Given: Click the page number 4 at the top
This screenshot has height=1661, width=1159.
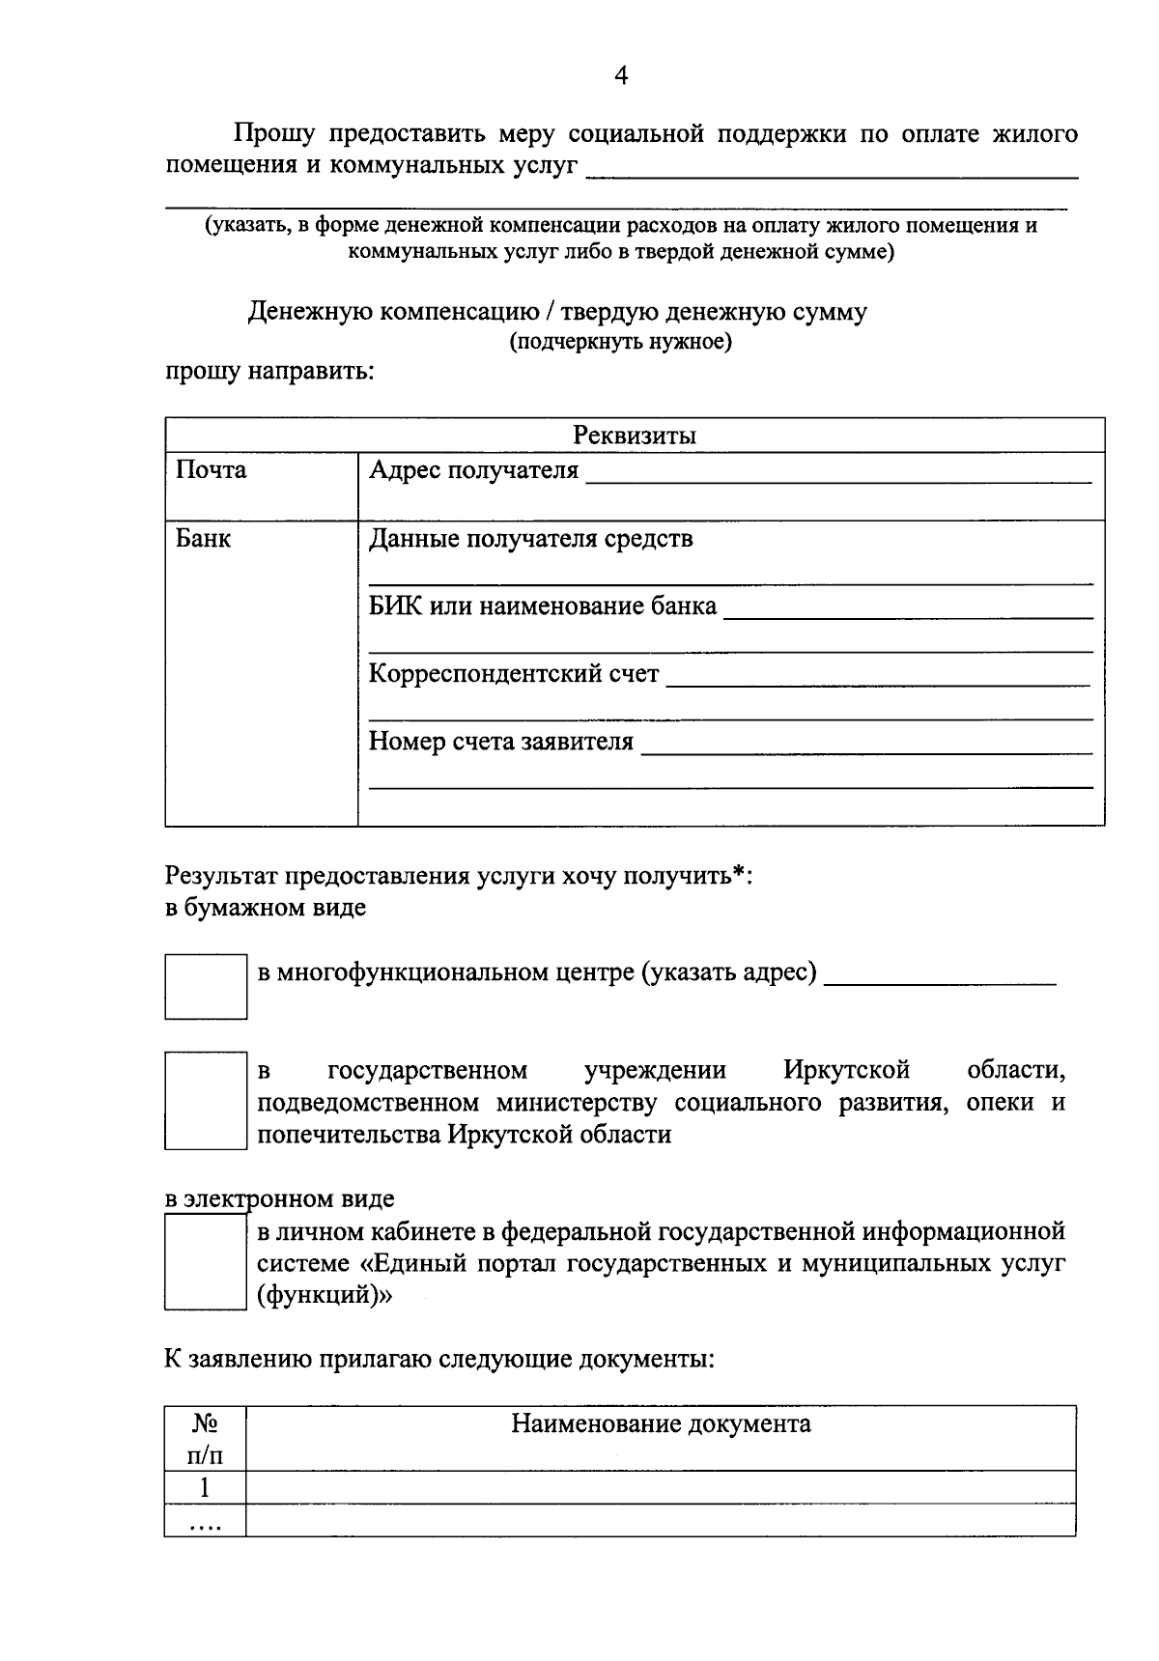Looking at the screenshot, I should tap(621, 76).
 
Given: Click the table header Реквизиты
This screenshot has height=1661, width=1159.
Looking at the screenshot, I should tap(635, 436).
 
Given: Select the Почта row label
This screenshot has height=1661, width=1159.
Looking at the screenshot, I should tap(211, 470).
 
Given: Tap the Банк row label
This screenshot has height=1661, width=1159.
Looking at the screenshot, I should tap(203, 539).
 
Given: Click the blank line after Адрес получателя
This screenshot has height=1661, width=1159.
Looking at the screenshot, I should tap(837, 473).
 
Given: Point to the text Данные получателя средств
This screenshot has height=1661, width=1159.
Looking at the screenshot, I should tap(530, 539).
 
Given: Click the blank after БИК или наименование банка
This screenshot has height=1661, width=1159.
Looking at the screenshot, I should tap(907, 609).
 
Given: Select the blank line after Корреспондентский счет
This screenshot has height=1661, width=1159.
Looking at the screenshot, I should tap(878, 677).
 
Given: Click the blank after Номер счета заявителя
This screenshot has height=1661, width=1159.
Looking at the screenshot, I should tap(866, 745).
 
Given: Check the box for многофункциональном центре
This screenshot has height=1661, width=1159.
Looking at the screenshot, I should tap(206, 986).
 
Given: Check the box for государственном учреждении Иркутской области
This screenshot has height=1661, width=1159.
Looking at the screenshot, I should tap(206, 1101).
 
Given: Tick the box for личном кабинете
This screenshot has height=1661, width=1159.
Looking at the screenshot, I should tap(206, 1262).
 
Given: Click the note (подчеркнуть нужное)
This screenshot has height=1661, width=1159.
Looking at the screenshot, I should tap(621, 342).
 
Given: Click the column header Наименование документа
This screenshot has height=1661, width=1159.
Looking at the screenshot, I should tap(661, 1423).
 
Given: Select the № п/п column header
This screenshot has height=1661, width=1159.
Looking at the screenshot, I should tap(204, 1439).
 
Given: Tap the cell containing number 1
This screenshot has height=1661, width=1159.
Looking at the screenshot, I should tap(204, 1487).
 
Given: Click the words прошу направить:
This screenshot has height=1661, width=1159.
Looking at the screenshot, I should tap(269, 372).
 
